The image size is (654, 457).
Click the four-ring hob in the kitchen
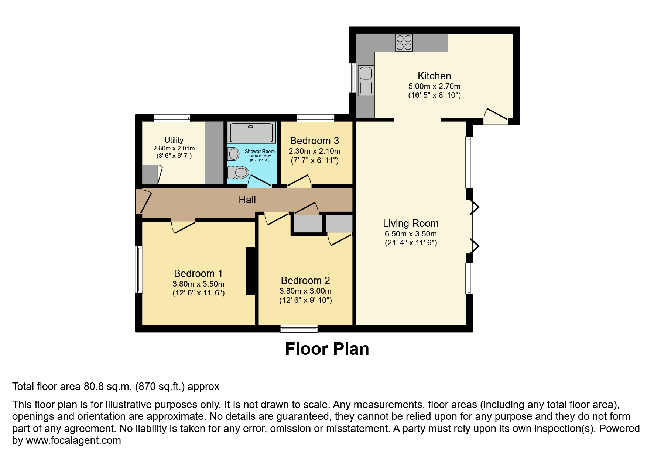[x=404, y=42]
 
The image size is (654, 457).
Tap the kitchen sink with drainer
[x=366, y=80]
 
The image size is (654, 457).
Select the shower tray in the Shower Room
[x=251, y=133]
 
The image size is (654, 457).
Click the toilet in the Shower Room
[x=238, y=172]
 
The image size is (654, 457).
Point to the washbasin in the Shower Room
[x=233, y=154]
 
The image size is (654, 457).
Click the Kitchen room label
[x=434, y=76]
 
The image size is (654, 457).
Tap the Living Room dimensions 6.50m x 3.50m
[x=411, y=234]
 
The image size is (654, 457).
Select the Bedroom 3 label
[x=314, y=141]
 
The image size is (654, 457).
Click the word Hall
[x=247, y=200]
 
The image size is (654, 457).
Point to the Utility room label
[x=174, y=140]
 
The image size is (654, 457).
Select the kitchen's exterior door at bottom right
[x=496, y=116]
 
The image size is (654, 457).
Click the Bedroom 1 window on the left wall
[x=139, y=269]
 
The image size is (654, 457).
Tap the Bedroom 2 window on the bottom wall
[x=299, y=329]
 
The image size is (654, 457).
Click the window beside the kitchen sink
[x=352, y=78]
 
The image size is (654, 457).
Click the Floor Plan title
[x=327, y=349]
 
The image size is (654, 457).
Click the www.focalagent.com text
[x=73, y=440]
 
